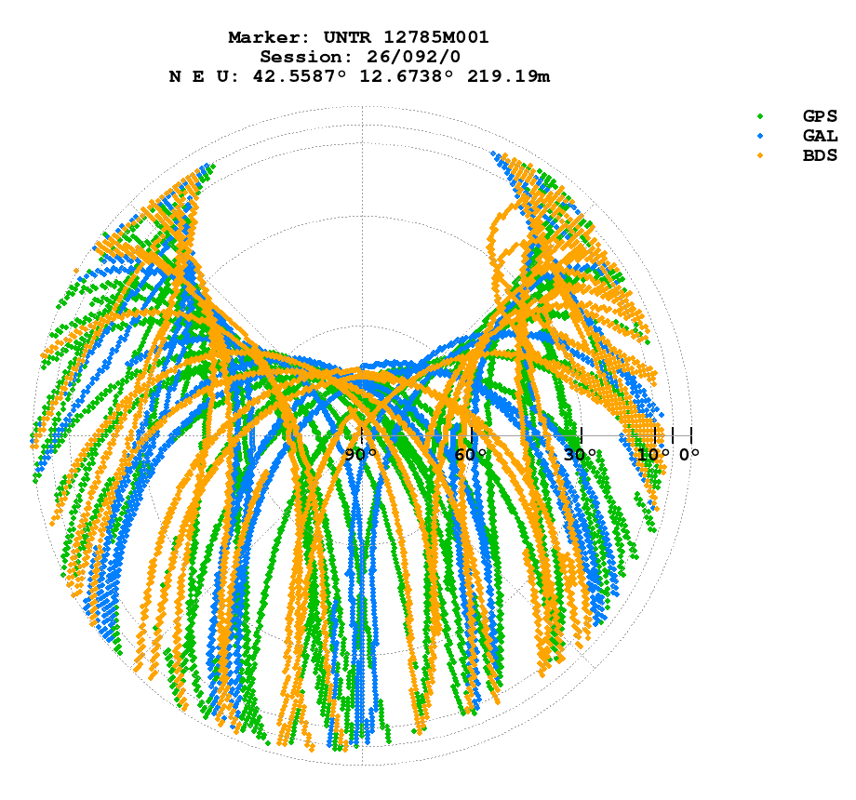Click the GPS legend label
click(x=820, y=116)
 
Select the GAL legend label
click(x=820, y=136)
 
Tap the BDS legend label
click(x=820, y=155)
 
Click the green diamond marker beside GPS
click(x=760, y=116)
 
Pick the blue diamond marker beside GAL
click(x=760, y=136)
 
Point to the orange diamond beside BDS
click(x=760, y=155)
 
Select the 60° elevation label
click(x=471, y=455)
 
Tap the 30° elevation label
click(x=581, y=455)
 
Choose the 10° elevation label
click(x=653, y=455)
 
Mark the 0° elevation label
click(x=689, y=455)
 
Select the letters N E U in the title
click(x=202, y=76)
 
